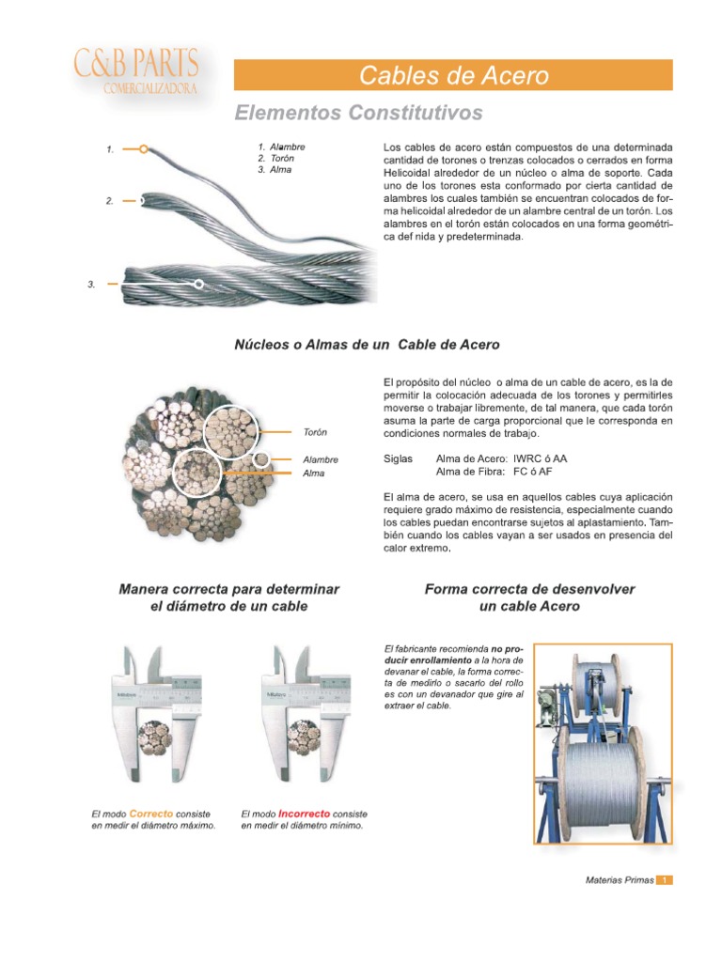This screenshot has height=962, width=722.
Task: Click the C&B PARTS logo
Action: [x=135, y=72]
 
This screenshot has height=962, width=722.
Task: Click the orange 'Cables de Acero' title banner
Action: [x=453, y=75]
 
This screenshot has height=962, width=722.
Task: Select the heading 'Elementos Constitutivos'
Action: [x=358, y=114]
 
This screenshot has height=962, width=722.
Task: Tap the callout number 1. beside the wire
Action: [x=110, y=148]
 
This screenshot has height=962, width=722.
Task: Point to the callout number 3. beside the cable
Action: [x=92, y=284]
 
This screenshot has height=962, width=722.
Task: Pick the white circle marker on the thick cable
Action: [x=198, y=284]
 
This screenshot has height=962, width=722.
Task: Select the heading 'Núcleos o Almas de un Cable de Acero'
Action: [x=367, y=345]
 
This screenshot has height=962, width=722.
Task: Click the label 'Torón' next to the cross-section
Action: [x=315, y=432]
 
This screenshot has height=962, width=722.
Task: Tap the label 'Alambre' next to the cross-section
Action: [x=320, y=459]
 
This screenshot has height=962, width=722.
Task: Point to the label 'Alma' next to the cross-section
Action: [x=313, y=473]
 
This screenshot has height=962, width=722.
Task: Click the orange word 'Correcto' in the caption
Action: [x=150, y=813]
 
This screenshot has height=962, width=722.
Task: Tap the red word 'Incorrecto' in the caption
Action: [x=304, y=813]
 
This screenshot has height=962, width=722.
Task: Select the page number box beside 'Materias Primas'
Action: [x=665, y=880]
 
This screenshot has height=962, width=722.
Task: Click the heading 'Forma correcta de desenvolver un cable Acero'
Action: [x=529, y=597]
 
